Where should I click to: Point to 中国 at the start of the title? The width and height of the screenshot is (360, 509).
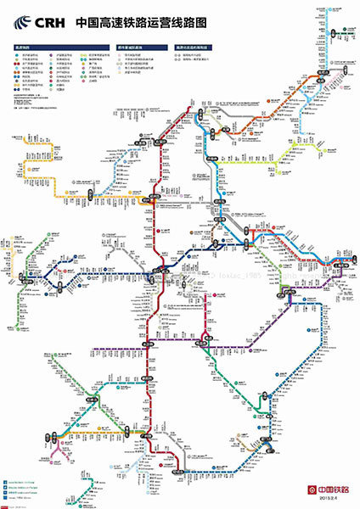tap(86, 25)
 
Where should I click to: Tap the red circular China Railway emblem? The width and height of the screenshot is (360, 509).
tap(311, 489)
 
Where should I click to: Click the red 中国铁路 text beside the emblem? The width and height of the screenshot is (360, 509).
tap(332, 489)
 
